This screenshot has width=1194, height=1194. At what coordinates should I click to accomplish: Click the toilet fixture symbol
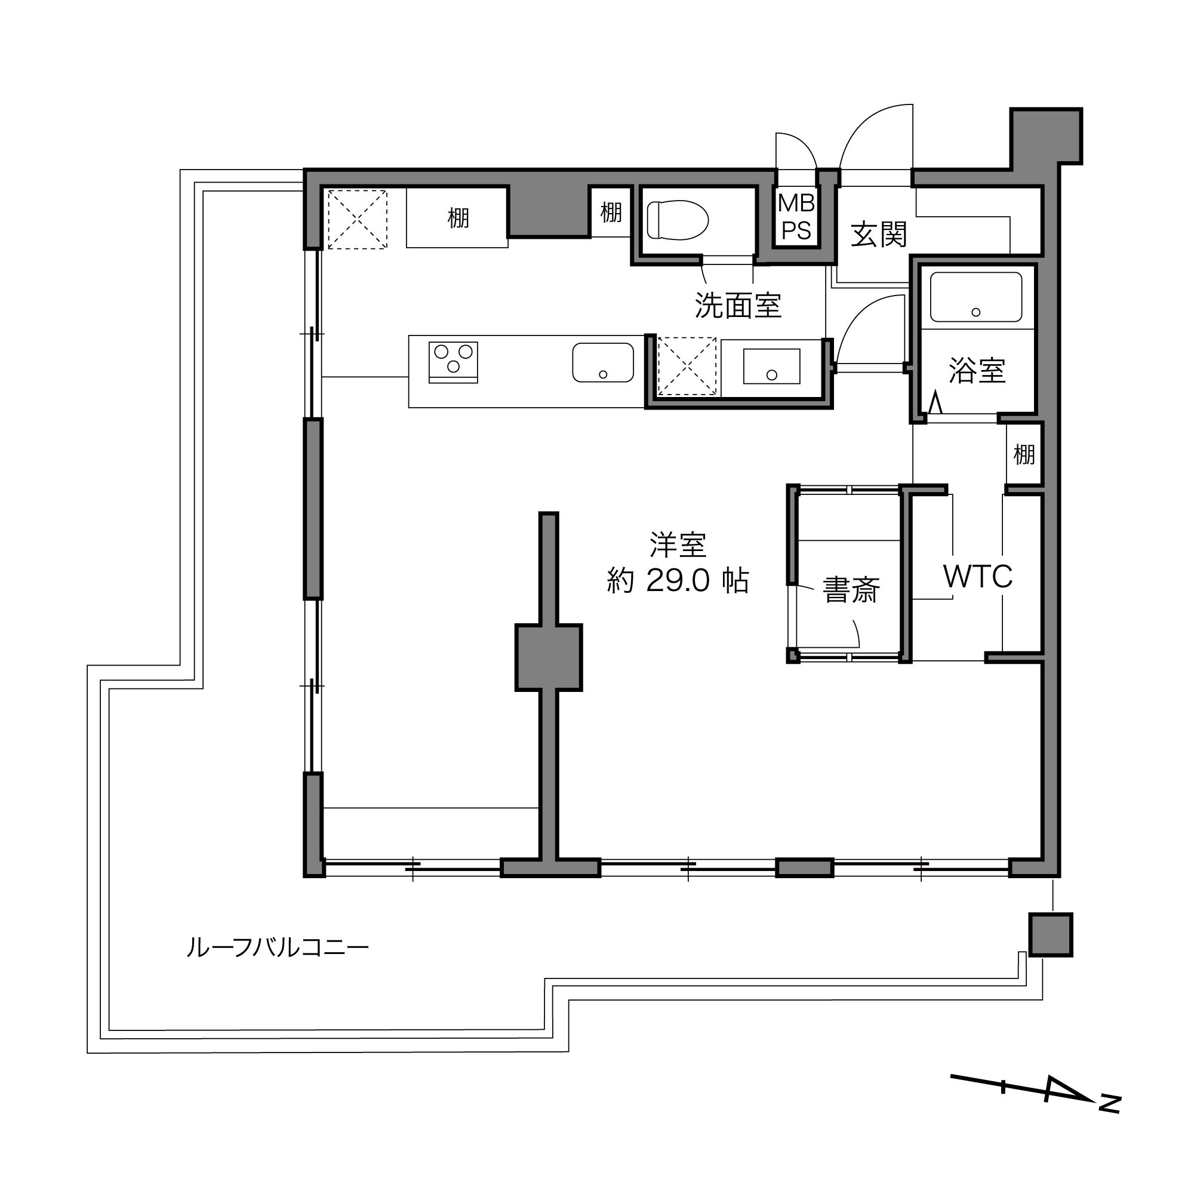click(x=677, y=219)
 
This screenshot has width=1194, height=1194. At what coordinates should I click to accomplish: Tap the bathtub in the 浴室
click(x=975, y=297)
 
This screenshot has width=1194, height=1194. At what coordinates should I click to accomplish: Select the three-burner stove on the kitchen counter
click(x=453, y=361)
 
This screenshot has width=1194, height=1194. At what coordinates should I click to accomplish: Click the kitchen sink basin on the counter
click(x=602, y=363)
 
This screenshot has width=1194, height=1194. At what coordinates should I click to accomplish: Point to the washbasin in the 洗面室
click(x=771, y=366)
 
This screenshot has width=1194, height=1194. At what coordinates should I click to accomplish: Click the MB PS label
click(x=796, y=216)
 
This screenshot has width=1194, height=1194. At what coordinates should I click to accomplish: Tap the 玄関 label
click(x=878, y=234)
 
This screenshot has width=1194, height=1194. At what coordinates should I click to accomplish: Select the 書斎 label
click(x=850, y=590)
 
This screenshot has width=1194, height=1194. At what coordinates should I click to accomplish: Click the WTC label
click(x=978, y=576)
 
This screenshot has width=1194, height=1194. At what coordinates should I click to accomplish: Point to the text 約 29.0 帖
click(x=678, y=581)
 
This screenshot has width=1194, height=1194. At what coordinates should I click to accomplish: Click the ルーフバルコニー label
click(x=278, y=947)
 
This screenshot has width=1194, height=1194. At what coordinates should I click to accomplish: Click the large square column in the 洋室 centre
click(x=549, y=657)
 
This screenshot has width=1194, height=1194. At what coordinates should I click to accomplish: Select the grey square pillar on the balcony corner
click(x=1050, y=935)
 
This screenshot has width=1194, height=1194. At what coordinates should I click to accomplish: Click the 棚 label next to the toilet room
click(x=611, y=212)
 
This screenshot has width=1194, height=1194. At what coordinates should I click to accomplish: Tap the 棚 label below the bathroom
click(x=1023, y=455)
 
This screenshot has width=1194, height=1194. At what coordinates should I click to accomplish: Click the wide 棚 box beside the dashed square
click(x=457, y=217)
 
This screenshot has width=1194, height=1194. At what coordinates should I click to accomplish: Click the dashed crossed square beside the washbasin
click(x=687, y=366)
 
